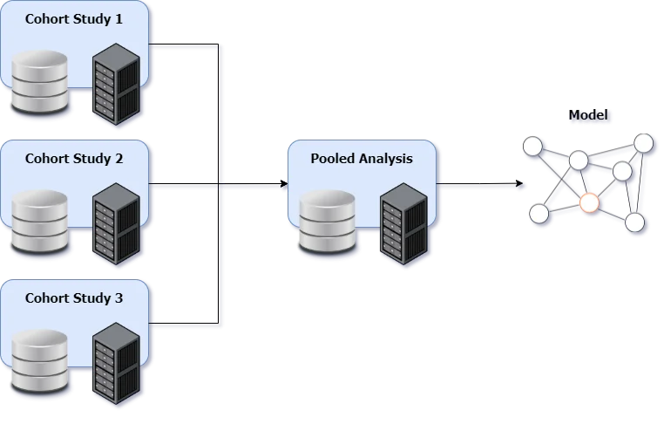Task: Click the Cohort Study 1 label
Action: (73, 19)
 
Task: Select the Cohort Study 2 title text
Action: (73, 159)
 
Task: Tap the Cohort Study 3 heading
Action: (73, 298)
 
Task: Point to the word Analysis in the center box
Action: (384, 159)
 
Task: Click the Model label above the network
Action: (590, 116)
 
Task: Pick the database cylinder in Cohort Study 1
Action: (39, 84)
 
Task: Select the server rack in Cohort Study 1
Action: (116, 86)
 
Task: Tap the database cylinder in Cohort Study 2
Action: (39, 222)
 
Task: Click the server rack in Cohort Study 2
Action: (116, 226)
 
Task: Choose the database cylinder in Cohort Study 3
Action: (39, 362)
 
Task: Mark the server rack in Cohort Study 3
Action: (116, 366)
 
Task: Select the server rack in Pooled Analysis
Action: (403, 226)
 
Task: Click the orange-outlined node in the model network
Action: (590, 203)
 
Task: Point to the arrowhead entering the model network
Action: (521, 186)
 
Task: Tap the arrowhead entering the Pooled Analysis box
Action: (284, 186)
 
